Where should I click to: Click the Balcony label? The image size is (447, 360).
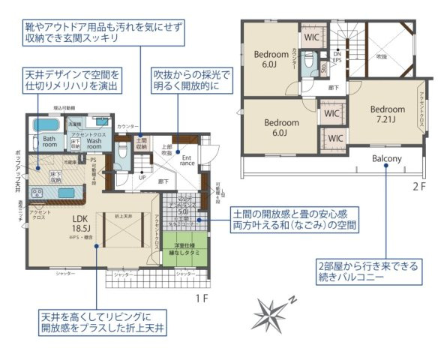pyautogui.click(x=387, y=159)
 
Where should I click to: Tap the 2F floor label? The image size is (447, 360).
pyautogui.click(x=419, y=183)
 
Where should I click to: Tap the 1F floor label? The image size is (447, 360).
pyautogui.click(x=200, y=298)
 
